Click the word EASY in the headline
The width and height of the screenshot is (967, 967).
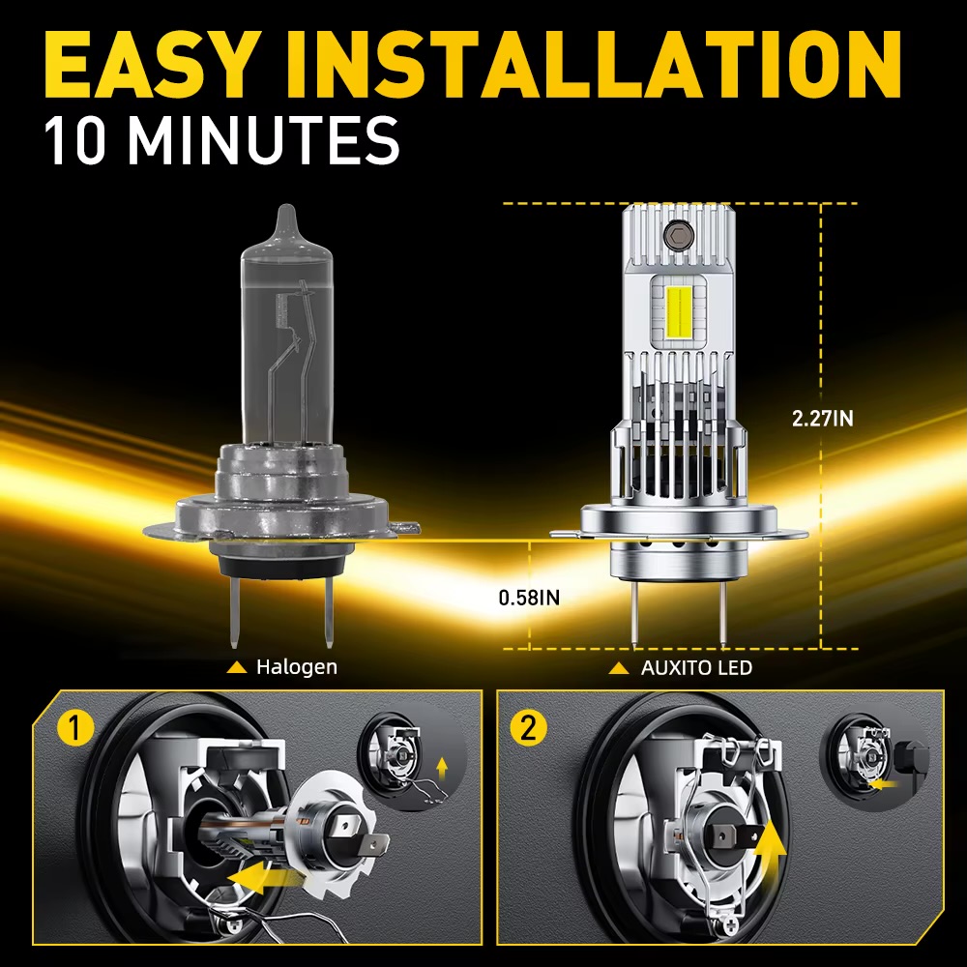[x=149, y=65]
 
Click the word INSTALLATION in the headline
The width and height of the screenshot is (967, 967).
[x=593, y=65]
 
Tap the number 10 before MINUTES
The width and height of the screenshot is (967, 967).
[x=75, y=140]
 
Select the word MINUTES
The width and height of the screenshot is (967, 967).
[x=263, y=140]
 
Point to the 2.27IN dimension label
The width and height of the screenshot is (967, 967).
[x=823, y=419]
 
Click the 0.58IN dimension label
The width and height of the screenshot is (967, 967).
[x=529, y=598]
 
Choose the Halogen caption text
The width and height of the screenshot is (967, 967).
[x=297, y=666]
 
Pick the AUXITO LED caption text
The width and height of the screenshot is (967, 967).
[x=696, y=667]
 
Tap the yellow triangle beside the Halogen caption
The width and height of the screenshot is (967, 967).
[x=237, y=667]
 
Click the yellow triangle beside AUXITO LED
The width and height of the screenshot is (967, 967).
[x=619, y=668]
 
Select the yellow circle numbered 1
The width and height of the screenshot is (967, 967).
[x=75, y=728]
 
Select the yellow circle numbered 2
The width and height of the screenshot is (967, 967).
[x=529, y=728]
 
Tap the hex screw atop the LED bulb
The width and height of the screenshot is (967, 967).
[x=679, y=234]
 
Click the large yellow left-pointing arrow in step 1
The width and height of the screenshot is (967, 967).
[x=259, y=877]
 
